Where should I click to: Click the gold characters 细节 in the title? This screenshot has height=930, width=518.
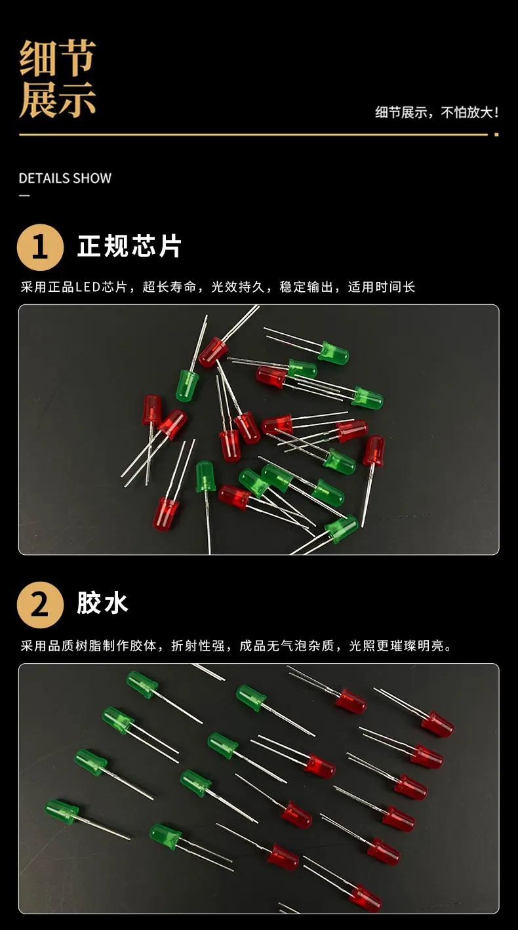coord(58,58)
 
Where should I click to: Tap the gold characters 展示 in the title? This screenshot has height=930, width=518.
coord(58,100)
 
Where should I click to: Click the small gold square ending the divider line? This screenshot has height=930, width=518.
coord(496,134)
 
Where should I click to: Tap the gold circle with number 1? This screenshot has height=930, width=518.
coord(40,247)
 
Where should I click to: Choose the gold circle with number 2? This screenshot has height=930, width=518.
coord(40,605)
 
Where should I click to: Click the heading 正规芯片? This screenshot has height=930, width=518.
coord(129,246)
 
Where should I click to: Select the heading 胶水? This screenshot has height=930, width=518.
coord(102,603)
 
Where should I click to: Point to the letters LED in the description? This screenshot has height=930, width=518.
coord(87,287)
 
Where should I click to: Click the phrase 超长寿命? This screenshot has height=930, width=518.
coord(169,287)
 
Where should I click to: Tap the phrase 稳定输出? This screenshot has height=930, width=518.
coord(306,287)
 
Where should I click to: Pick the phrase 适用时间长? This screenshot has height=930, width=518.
coord(382,287)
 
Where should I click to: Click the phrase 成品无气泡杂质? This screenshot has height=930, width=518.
coord(287,645)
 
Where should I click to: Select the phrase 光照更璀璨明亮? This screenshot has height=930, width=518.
coord(397,645)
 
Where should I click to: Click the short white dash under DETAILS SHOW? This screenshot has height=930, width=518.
coord(24,195)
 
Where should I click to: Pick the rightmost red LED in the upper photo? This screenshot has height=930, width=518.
coord(374,451)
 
